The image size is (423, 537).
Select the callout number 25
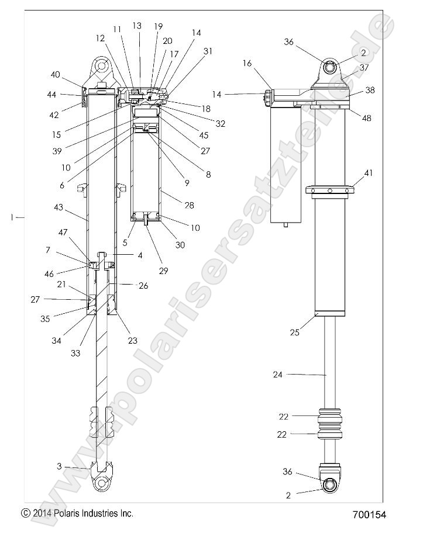295,332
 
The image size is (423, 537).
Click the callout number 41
369,173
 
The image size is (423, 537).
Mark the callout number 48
367,117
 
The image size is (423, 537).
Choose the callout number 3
59,466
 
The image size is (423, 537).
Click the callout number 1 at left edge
12,217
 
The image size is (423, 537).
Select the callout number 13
137,26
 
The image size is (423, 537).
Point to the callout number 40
55,74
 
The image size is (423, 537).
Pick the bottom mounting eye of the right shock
328,485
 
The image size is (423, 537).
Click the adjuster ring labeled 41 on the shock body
330,190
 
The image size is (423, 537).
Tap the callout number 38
370,91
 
